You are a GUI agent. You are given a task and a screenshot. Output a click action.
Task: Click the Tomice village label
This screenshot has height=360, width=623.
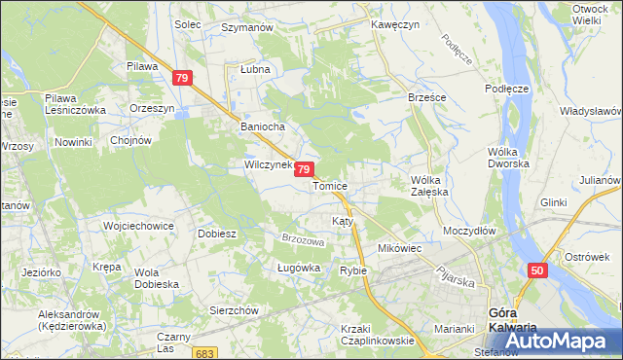click(331, 185)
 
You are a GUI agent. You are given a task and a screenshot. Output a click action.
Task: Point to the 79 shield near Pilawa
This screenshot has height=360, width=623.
click(181, 77)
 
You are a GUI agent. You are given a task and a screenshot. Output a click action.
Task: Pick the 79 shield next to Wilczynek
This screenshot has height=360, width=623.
click(304, 169)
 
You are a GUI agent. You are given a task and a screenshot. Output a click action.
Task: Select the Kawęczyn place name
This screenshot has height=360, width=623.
click(395, 24)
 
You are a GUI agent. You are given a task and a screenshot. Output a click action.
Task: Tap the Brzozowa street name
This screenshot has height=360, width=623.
click(302, 239)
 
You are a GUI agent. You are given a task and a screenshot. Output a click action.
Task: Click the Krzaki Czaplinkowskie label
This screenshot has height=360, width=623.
click(377, 335)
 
